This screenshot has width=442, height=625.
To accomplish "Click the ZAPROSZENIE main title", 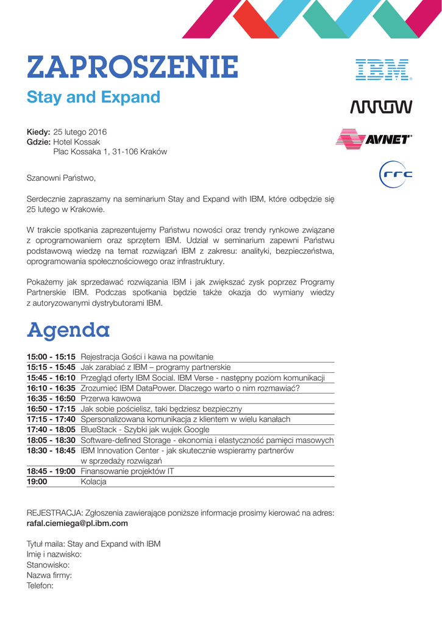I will coord(132,67).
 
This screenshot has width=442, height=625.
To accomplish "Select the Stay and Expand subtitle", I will coord(93,98).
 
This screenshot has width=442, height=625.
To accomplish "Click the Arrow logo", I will coord(381,107).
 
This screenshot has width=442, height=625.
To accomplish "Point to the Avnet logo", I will coord(374,139).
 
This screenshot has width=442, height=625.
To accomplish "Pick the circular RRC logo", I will coord(396,175).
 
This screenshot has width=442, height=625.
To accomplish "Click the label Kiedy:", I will coord(38,132).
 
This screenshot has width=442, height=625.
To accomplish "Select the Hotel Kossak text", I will coord(77,142).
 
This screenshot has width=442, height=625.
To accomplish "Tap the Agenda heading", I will coord(68,330).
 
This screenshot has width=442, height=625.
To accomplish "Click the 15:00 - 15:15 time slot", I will coord(51,356).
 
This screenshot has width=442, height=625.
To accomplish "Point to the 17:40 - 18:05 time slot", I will coord(51,430).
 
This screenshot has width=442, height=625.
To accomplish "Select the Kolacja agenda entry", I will coord(93,482).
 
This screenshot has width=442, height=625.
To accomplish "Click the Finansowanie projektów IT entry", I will coord(127,471).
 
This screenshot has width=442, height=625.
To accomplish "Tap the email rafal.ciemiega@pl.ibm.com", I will coord(77,524).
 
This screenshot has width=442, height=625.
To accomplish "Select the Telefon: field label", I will coord(40,585).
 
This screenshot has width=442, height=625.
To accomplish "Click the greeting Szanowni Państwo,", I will coord(61,178).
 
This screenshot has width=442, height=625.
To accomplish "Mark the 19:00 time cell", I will coord(37,482).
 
